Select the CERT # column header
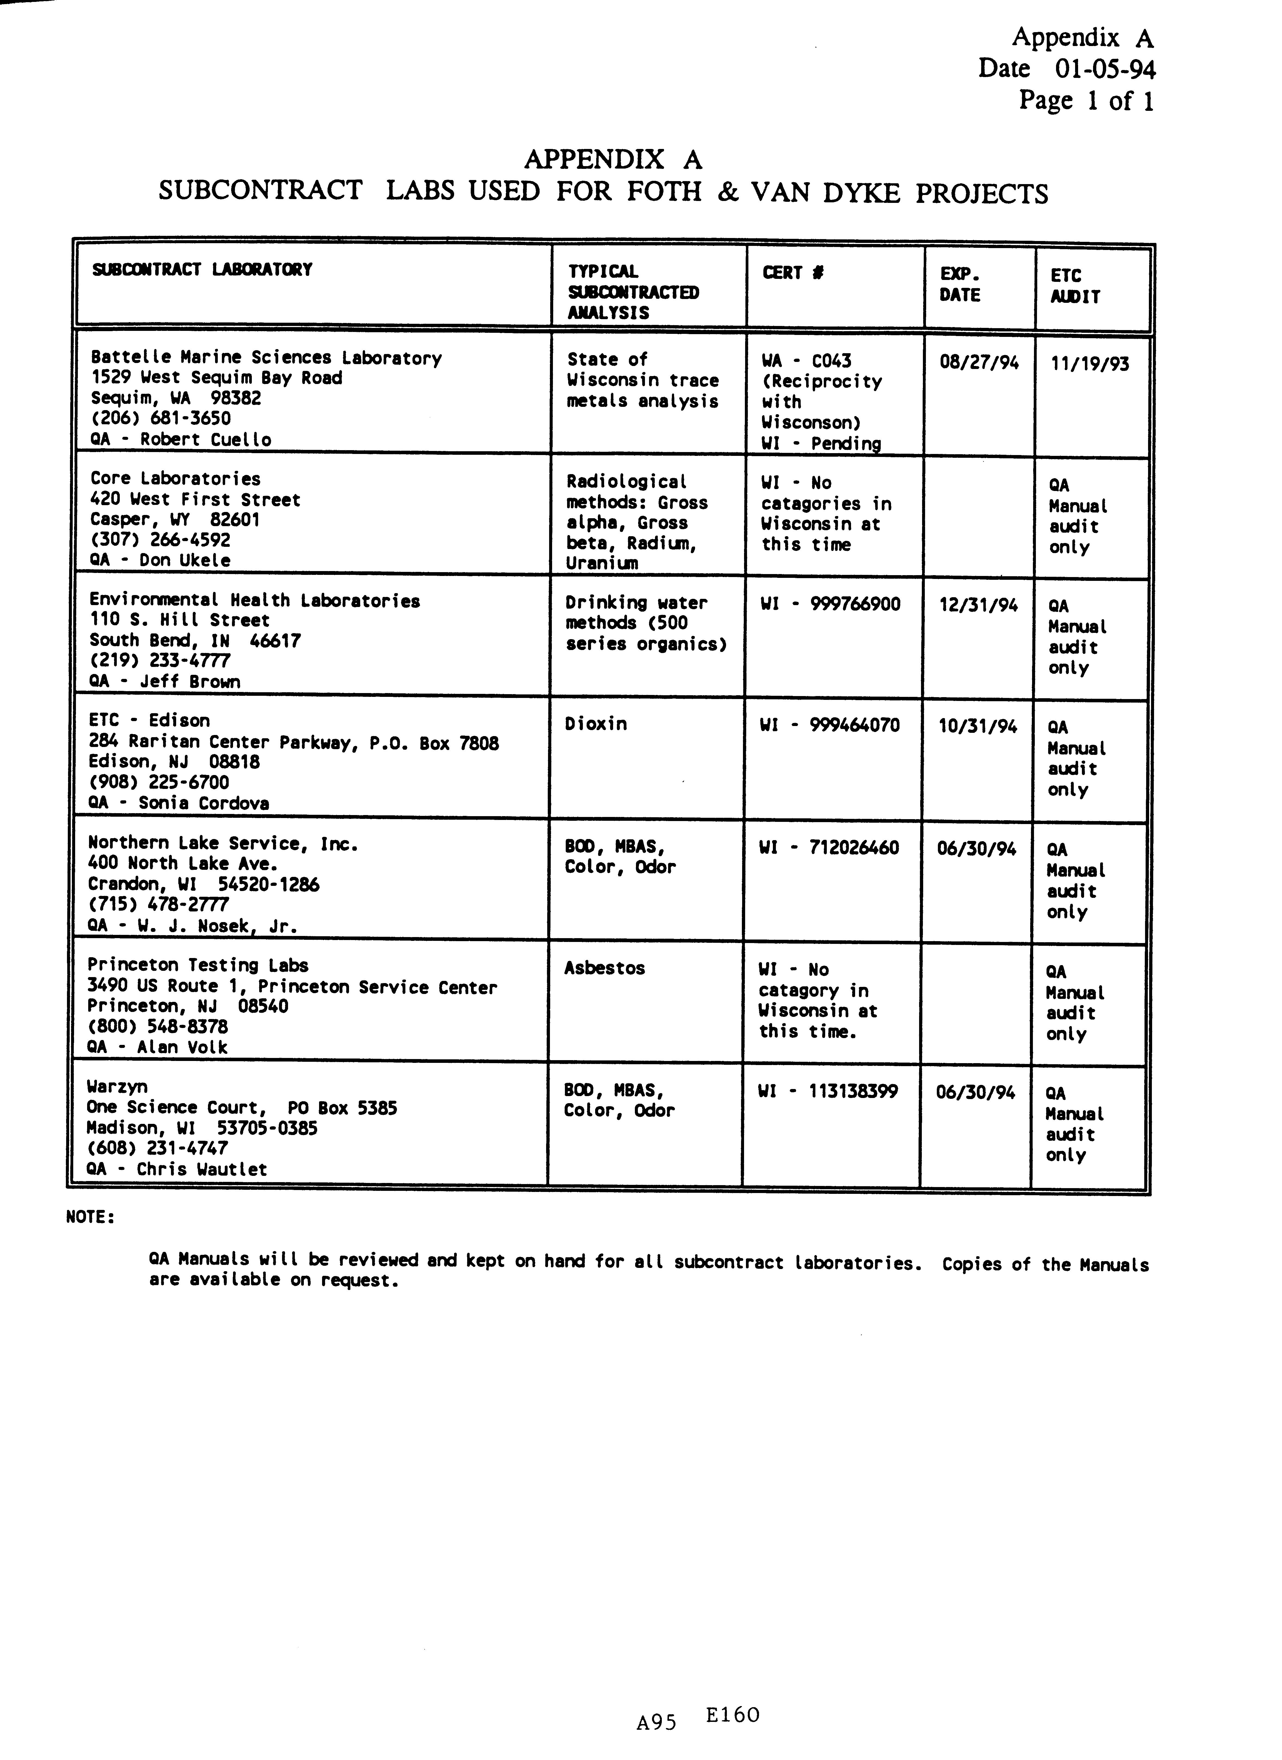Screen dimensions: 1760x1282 point(792,272)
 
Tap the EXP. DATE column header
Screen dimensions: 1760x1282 point(960,285)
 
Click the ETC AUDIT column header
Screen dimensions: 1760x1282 point(1075,286)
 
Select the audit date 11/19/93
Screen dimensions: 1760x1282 point(1090,364)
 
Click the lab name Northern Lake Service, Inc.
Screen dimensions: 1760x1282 point(223,844)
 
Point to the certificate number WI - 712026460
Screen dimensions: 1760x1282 point(829,847)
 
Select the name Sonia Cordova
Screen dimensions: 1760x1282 point(203,803)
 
